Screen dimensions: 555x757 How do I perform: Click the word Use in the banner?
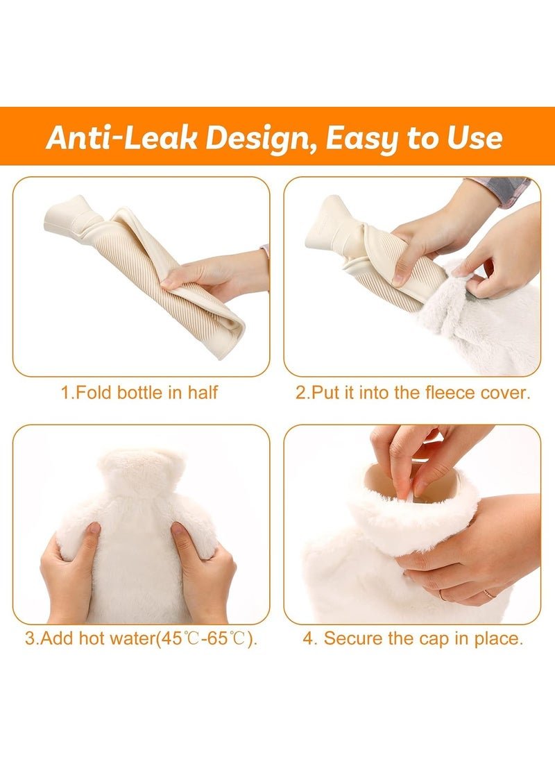tap(475, 137)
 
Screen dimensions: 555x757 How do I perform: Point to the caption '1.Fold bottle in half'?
tap(139, 392)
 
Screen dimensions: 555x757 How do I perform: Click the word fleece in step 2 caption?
tap(450, 392)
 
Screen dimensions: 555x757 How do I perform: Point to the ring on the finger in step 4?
tap(488, 594)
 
